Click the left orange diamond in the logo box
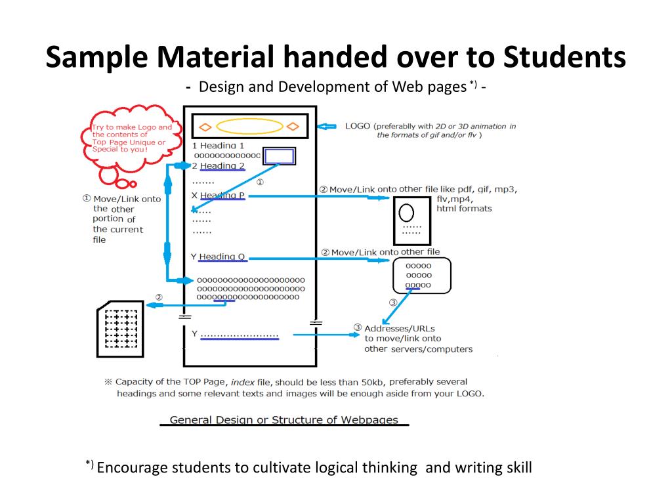tap(205, 126)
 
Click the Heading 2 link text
tap(222, 166)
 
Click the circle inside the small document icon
tap(407, 213)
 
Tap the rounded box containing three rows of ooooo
tap(421, 276)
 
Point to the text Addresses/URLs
tap(400, 328)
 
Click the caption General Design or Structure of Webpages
tap(283, 420)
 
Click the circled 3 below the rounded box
tap(393, 303)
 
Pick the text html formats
tap(464, 209)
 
